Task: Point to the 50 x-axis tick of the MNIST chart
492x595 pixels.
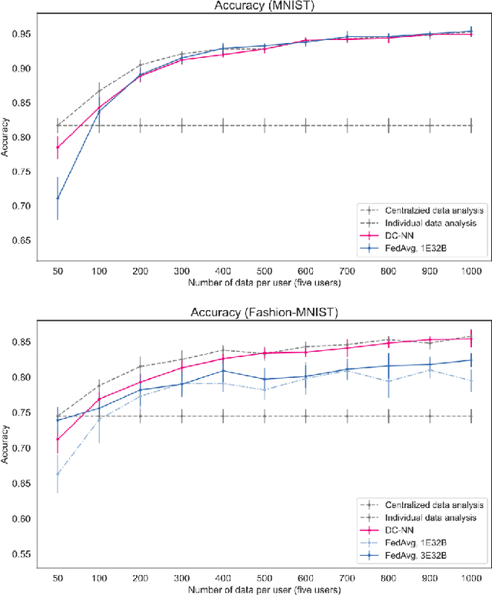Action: coord(57,272)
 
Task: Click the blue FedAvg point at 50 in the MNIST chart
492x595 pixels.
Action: coord(57,199)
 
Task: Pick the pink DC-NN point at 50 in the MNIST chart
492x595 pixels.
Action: coord(57,148)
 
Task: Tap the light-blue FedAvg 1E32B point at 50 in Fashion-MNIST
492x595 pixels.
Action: coord(57,473)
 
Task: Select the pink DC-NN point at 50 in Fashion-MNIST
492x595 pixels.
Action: coord(57,440)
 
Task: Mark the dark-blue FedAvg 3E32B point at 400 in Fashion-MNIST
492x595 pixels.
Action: coord(222,371)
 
